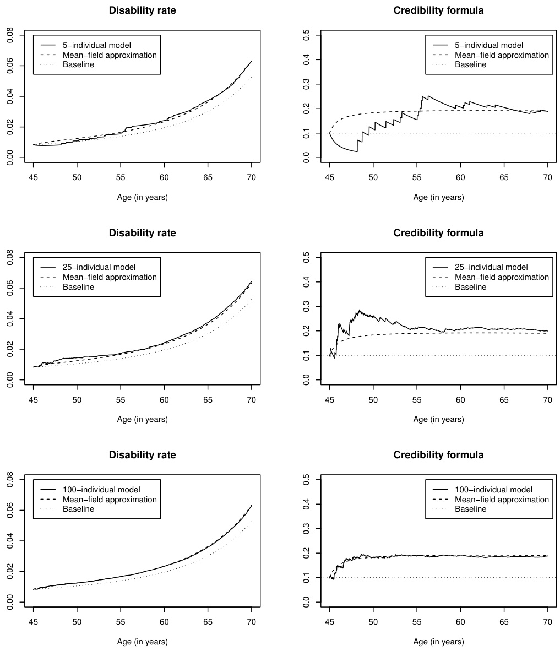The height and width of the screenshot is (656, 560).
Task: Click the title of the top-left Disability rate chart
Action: coord(142,10)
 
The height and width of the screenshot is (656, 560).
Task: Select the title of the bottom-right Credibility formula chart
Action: coord(438,455)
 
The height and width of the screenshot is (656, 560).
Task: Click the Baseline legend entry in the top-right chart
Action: coord(470,64)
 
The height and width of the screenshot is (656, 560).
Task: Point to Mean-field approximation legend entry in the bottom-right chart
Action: coord(502,500)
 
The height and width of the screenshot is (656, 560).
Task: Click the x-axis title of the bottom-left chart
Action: coord(142,642)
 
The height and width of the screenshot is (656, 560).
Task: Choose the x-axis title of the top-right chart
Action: coord(438,197)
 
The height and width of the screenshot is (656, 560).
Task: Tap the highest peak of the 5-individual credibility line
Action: coord(422,96)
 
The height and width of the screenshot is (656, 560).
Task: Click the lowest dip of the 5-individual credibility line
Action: coord(357,151)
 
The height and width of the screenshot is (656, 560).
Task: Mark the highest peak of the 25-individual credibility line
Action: coord(360,310)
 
